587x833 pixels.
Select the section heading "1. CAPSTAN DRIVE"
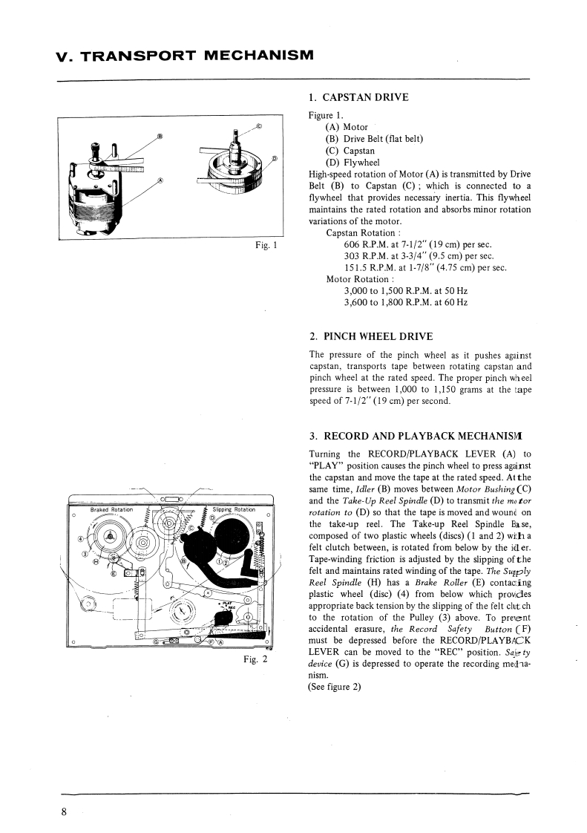tap(358, 97)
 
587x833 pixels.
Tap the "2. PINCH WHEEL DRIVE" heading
tap(370, 336)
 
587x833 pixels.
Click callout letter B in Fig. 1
tap(159, 136)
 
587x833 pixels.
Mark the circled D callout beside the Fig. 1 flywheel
tap(274, 158)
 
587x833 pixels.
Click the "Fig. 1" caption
tap(264, 246)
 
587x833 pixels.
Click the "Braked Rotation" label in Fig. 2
tap(111, 510)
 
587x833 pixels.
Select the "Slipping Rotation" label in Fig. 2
tap(233, 510)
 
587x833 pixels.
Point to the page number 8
tap(64, 811)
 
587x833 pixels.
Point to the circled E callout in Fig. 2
tap(114, 573)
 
